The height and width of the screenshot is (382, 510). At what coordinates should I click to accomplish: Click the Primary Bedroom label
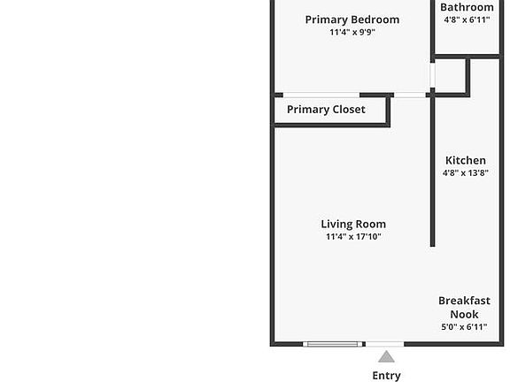click(352, 19)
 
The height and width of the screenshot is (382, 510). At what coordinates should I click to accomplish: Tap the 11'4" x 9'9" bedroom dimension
click(352, 32)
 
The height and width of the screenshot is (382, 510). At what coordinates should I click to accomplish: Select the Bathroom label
click(467, 7)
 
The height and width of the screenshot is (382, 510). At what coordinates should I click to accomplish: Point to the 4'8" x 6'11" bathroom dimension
click(467, 19)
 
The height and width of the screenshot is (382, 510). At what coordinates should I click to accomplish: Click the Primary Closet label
click(326, 110)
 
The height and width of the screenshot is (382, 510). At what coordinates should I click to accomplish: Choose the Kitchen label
click(466, 160)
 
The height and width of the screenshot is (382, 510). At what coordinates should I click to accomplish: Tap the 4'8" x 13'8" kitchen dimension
click(466, 172)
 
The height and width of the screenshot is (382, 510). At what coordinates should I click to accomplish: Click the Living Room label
click(353, 224)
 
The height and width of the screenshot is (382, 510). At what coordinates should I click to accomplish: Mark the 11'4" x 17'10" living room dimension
click(353, 236)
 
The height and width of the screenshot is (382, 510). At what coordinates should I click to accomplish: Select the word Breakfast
click(465, 301)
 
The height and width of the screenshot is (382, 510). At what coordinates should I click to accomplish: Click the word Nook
click(465, 315)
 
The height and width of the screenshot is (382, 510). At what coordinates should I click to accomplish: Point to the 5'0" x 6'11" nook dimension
click(465, 327)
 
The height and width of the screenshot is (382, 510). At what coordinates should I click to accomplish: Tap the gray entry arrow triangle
click(386, 356)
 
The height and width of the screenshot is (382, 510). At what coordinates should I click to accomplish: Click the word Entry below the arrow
click(386, 376)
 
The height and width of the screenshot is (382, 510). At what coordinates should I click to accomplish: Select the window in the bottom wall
click(332, 344)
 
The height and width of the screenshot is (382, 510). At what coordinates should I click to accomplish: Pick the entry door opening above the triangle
click(385, 344)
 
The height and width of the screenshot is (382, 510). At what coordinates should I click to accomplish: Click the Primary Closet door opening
click(321, 95)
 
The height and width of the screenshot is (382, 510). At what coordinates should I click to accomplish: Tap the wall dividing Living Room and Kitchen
click(433, 172)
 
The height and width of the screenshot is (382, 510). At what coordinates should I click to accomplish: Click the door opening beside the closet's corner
click(410, 95)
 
